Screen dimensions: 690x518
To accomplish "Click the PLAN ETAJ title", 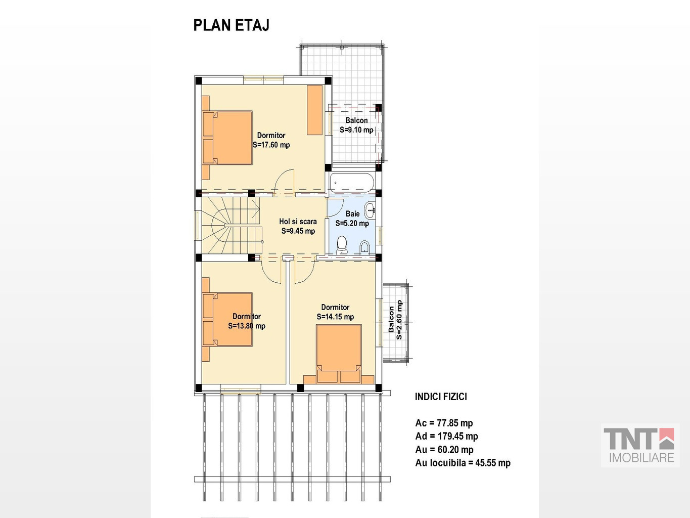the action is click(x=231, y=25).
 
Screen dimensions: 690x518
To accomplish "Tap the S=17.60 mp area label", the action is click(x=271, y=145).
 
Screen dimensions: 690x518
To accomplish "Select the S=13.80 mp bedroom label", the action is click(x=247, y=326).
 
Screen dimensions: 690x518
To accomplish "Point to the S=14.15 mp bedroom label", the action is click(x=335, y=317).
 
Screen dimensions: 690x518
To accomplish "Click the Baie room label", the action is click(x=352, y=214).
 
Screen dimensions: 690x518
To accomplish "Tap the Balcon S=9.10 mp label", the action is click(x=356, y=125).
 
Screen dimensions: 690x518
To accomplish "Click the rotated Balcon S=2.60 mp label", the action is click(x=395, y=320).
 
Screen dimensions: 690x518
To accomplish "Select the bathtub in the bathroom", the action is click(x=352, y=183).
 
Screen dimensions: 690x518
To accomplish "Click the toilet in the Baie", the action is click(x=341, y=245).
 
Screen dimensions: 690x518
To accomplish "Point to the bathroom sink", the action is click(x=371, y=209).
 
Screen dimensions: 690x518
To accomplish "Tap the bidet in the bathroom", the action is click(x=364, y=247).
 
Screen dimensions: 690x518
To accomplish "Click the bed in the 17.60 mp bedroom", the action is click(x=227, y=138).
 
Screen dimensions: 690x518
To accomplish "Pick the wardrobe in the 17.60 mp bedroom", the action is click(x=314, y=110).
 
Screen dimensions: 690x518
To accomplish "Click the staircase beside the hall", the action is click(x=231, y=225).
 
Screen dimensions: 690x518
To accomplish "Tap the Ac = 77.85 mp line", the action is click(x=444, y=423).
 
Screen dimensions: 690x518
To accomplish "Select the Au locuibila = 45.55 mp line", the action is click(x=463, y=463).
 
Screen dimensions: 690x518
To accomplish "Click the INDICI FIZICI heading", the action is click(x=441, y=397).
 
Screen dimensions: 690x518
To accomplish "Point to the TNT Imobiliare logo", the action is click(x=640, y=445).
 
